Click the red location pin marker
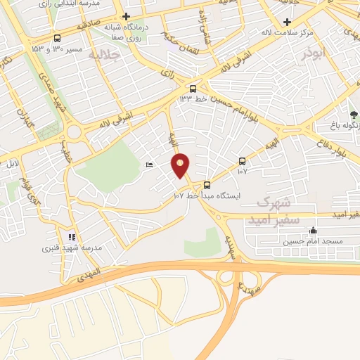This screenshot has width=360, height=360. coord(181,165)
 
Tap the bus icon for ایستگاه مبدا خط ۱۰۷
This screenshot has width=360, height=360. coord(207,186)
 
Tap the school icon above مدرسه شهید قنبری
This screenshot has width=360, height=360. coord(71,237)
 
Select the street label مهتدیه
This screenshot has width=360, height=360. coord(248,283)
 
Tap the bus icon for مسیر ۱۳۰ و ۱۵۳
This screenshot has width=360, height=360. coord(56,39)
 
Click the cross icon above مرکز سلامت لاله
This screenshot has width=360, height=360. coord(286,22)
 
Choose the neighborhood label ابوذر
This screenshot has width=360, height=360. coord(315,52)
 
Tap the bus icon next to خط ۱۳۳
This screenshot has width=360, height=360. coord(192,89)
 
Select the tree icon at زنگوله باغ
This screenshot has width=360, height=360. coord(354,114)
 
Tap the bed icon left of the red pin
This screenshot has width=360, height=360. coord(149,165)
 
